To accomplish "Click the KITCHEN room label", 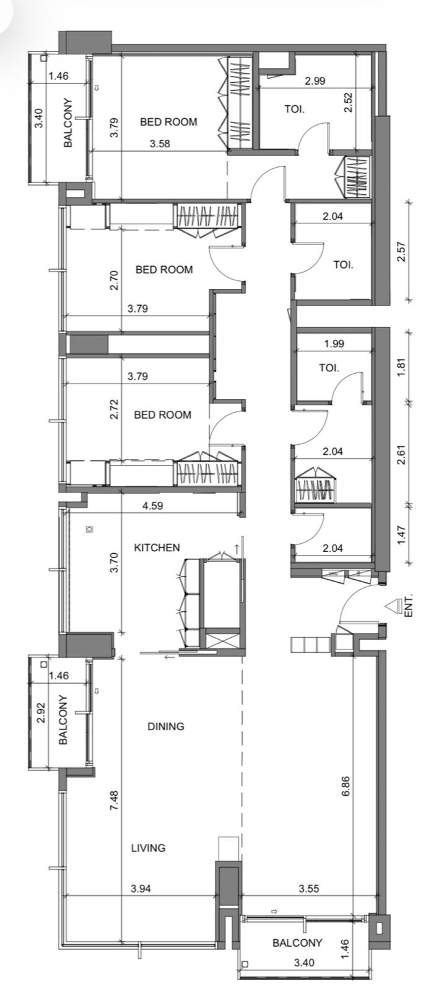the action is tap(157, 548).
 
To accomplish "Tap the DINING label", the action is tap(166, 726).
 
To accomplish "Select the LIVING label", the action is tap(148, 848).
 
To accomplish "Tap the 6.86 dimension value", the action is tap(345, 786).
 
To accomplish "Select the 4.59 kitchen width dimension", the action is tap(152, 506).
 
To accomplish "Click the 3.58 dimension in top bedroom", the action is tap(160, 144).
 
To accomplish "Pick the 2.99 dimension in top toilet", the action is tap(315, 81).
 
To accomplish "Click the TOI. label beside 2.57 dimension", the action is tap(344, 265).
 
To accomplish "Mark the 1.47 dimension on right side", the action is tap(401, 535).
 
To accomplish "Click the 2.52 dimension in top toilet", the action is tap(348, 102).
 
